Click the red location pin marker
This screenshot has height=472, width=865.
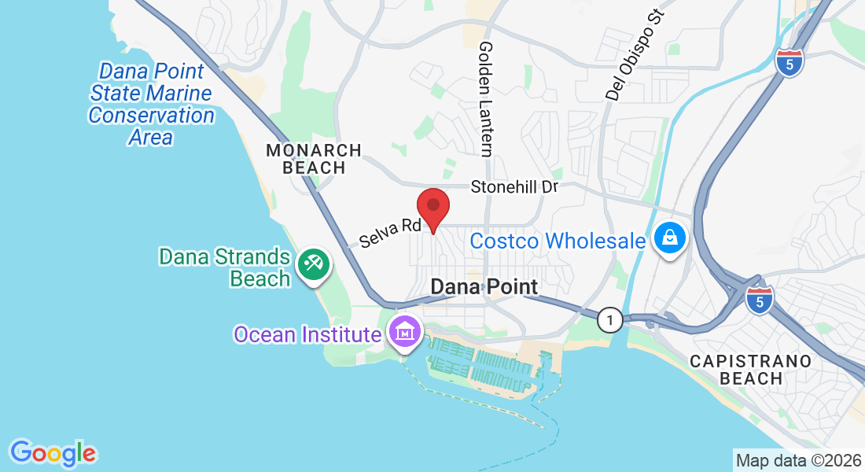[x=432, y=209]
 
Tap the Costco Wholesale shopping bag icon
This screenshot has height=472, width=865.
[x=669, y=237]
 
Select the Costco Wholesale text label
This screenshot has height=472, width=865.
[x=558, y=241]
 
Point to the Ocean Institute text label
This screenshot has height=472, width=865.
[x=307, y=334]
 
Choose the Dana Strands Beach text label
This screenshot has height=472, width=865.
[x=225, y=267]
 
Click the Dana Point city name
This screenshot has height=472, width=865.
[x=484, y=286]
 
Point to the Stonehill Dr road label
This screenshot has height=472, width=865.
[x=514, y=187]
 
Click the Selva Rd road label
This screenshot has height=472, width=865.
[x=391, y=231]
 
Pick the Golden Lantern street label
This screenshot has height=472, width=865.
[x=487, y=98]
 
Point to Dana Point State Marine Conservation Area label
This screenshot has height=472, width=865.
[x=151, y=104]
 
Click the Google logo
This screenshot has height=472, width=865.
[x=53, y=453]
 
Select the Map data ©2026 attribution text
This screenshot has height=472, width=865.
[x=797, y=460]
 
